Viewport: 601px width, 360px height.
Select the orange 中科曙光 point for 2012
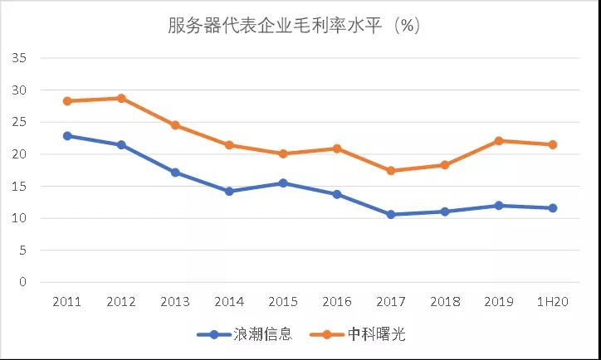point(121,98)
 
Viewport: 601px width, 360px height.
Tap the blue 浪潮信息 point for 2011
point(67,135)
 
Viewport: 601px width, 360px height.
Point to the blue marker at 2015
point(283,182)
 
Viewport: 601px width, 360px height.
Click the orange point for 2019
point(499,141)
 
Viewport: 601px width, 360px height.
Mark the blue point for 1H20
point(553,207)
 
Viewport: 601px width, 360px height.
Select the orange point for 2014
point(229,145)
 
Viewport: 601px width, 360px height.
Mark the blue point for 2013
point(175,173)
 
